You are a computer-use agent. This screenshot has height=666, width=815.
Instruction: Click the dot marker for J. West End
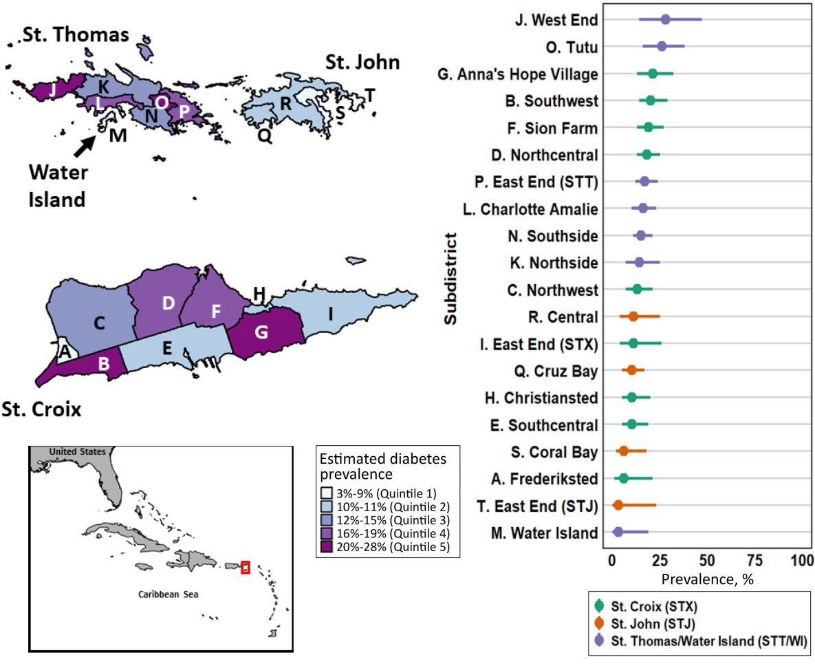(x=665, y=19)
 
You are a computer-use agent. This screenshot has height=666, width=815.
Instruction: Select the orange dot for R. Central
(x=633, y=316)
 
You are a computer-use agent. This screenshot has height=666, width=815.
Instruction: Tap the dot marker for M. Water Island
(x=618, y=532)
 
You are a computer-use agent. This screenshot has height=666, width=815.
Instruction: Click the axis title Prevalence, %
(x=707, y=579)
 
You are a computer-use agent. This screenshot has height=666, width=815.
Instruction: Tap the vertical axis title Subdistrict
(x=450, y=279)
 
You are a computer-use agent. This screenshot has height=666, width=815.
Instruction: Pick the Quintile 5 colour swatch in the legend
(x=325, y=547)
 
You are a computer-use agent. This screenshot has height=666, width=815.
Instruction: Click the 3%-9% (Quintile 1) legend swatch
(x=325, y=492)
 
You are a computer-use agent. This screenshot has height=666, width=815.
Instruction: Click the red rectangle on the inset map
(x=245, y=568)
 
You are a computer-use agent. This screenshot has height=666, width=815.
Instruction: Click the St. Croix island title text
(x=41, y=411)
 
